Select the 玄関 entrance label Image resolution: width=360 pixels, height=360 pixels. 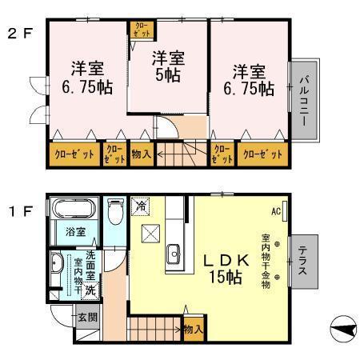pos(87,316)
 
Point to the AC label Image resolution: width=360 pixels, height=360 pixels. pos(275,212)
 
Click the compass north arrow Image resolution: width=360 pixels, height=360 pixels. pos(342,329)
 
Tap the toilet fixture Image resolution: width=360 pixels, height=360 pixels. pos(114,213)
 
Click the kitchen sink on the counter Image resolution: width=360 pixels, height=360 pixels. pos(174,255)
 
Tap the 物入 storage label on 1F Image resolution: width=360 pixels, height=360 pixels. pos(192,329)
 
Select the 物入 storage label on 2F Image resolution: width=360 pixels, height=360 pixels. pos(141,154)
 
